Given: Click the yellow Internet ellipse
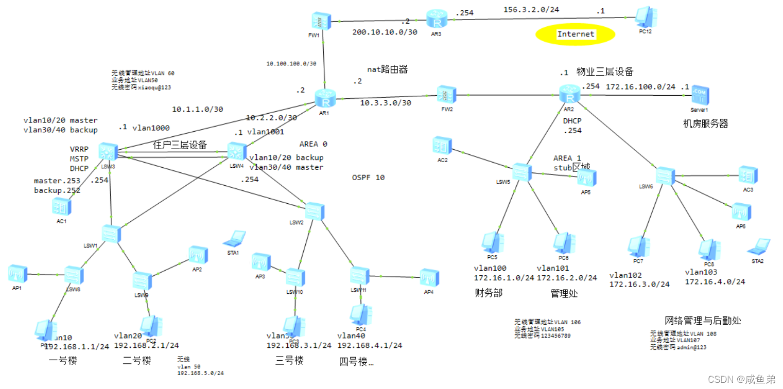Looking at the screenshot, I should (575, 34).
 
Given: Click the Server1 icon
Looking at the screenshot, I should (700, 96).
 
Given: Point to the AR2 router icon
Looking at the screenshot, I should (569, 94).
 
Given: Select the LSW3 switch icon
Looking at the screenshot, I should (108, 152).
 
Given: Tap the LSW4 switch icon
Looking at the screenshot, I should (236, 151).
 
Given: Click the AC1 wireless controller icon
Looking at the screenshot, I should (62, 207).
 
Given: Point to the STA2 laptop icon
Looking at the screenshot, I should (759, 246).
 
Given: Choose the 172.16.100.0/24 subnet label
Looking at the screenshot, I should (640, 86).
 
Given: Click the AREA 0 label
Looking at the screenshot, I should (314, 144).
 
